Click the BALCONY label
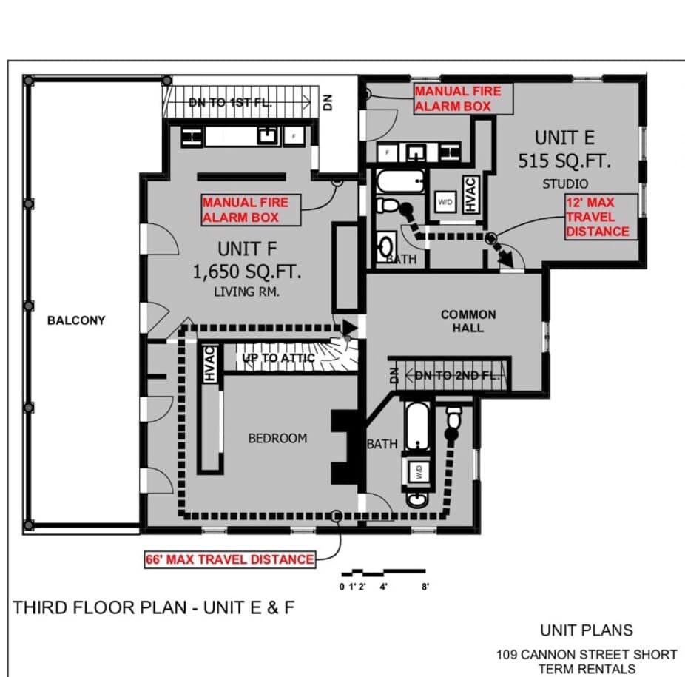pyautogui.click(x=76, y=320)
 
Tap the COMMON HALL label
pyautogui.click(x=468, y=321)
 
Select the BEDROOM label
pyautogui.click(x=278, y=438)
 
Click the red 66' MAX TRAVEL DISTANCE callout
pyautogui.click(x=230, y=559)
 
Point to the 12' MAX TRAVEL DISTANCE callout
pyautogui.click(x=600, y=217)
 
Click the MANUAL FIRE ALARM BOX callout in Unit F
pyautogui.click(x=251, y=210)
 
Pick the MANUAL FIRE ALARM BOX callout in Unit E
pyautogui.click(x=463, y=98)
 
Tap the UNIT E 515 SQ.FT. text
pyautogui.click(x=564, y=149)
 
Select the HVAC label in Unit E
pyautogui.click(x=470, y=195)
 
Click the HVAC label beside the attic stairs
pyautogui.click(x=209, y=363)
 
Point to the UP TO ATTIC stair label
pyautogui.click(x=278, y=358)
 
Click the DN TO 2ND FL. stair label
pyautogui.click(x=456, y=375)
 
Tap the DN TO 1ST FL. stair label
pyautogui.click(x=230, y=103)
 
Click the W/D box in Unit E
pyautogui.click(x=445, y=202)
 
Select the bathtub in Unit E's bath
pyautogui.click(x=400, y=181)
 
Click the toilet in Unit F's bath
pyautogui.click(x=454, y=418)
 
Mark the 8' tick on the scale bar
pyautogui.click(x=425, y=587)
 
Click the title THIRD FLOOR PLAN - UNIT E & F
pyautogui.click(x=154, y=607)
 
